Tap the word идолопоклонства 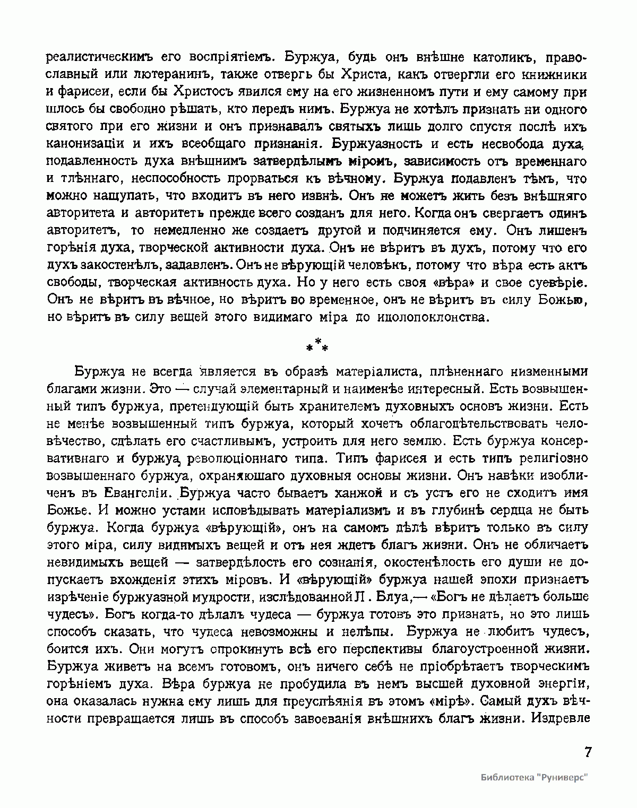pyautogui.click(x=431, y=318)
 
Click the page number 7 pyautogui.click(x=587, y=753)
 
